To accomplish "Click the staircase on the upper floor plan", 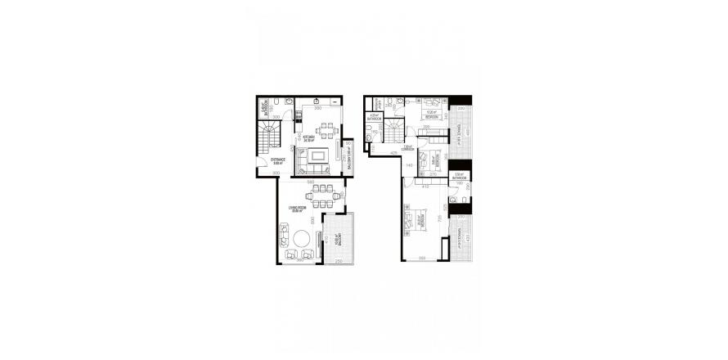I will (x=395, y=132).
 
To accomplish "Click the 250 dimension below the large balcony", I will (x=338, y=261).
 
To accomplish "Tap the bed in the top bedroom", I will (x=428, y=106).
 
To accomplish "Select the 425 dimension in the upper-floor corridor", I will (x=393, y=153).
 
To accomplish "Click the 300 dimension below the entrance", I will (x=276, y=174).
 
